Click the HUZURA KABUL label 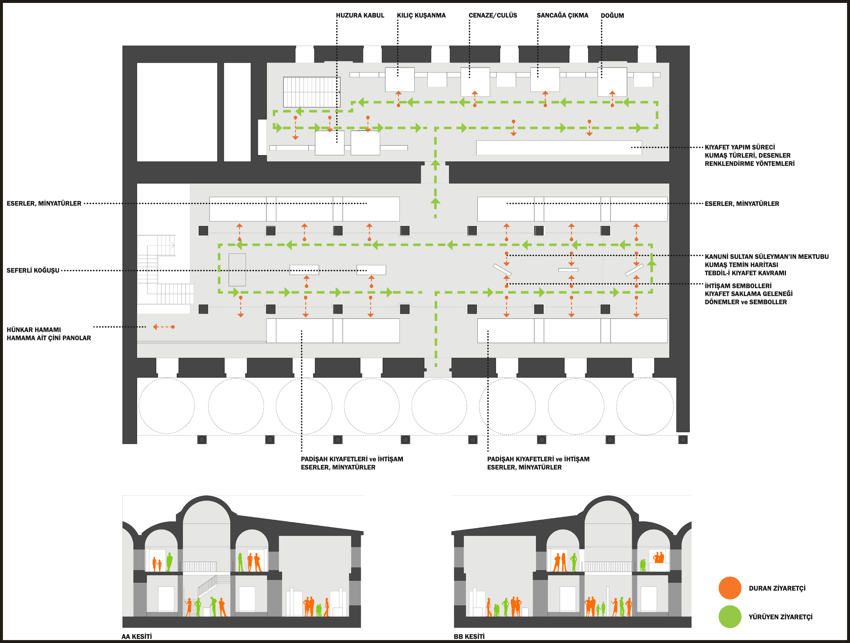click(x=360, y=16)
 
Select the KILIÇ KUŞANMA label click(x=421, y=16)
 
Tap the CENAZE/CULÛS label click(x=493, y=16)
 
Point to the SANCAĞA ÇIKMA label click(x=562, y=16)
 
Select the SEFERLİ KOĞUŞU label click(x=33, y=270)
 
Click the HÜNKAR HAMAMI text click(x=34, y=330)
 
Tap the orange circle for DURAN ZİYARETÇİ click(x=730, y=588)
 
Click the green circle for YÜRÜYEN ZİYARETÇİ click(x=730, y=617)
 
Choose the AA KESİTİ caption click(x=137, y=637)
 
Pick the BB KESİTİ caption click(x=469, y=637)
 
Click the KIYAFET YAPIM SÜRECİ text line click(x=739, y=147)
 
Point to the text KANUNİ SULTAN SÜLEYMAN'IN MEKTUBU click(x=766, y=257)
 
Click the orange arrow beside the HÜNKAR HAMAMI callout click(x=164, y=327)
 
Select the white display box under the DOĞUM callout click(x=612, y=82)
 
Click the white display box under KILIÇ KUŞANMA click(x=400, y=79)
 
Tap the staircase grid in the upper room click(x=311, y=92)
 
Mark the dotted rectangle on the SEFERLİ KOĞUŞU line click(x=237, y=270)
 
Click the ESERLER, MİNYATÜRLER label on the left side click(x=44, y=203)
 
